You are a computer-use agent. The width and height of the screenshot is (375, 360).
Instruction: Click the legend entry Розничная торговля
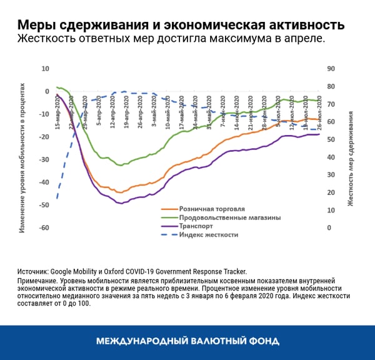211,208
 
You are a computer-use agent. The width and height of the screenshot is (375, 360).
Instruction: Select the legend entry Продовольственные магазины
229,217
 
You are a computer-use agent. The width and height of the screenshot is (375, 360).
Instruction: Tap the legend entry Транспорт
196,226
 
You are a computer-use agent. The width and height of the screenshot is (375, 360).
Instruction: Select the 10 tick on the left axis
45,69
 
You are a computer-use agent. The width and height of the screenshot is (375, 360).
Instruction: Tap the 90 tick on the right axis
332,69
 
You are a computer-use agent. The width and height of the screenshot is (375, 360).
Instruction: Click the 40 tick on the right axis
332,157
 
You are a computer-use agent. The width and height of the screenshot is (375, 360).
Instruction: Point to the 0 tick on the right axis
330,228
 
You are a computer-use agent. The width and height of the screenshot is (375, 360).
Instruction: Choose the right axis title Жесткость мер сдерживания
351,159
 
